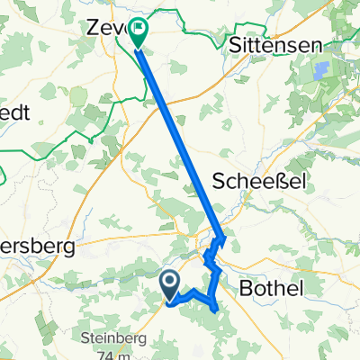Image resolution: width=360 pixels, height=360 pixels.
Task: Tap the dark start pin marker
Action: (170, 286)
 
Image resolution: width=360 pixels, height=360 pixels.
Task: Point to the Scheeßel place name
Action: (260, 181)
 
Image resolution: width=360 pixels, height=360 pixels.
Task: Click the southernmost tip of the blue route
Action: (217, 310)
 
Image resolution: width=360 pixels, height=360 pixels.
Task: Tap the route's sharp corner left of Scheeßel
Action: (223, 238)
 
